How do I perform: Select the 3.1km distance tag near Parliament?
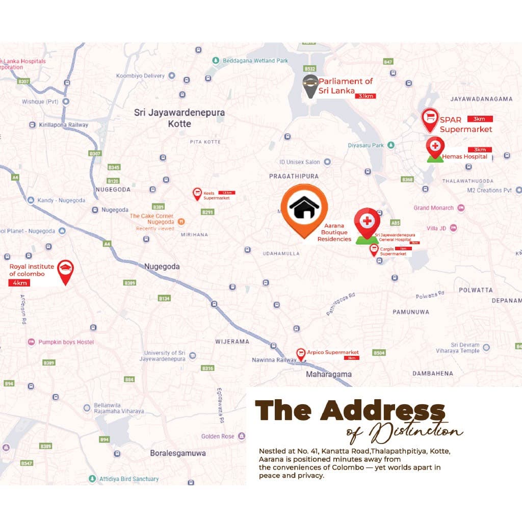pyautogui.click(x=367, y=96)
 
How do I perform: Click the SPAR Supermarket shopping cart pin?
pyautogui.click(x=430, y=118)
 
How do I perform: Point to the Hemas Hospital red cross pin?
pyautogui.click(x=435, y=147)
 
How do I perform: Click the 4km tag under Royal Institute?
pyautogui.click(x=20, y=283)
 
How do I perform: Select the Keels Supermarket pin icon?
pyautogui.click(x=197, y=193)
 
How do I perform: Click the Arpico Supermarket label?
pyautogui.click(x=333, y=352)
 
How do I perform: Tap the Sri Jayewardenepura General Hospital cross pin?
pyautogui.click(x=367, y=222)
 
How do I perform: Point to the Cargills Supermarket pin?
pyautogui.click(x=374, y=249)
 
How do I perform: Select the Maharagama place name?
pyautogui.click(x=329, y=374)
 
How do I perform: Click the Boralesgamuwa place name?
pyautogui.click(x=173, y=453)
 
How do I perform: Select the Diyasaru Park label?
pyautogui.click(x=366, y=145)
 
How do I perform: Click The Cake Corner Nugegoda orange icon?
pyautogui.click(x=182, y=222)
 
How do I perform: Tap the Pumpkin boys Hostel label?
pyautogui.click(x=66, y=342)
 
